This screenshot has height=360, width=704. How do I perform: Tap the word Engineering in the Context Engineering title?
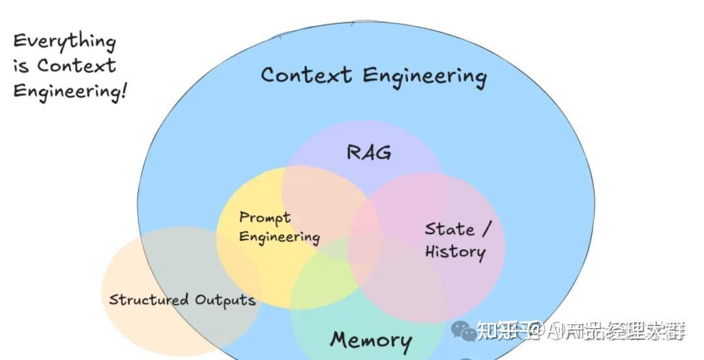pos(424,76)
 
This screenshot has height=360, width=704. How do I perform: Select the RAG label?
pos(369,153)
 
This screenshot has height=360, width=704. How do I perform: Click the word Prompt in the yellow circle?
pos(265,218)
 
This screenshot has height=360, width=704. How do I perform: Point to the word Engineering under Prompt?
pos(279,237)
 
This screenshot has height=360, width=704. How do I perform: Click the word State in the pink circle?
pos(449,230)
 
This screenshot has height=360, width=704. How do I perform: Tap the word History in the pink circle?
pos(455,252)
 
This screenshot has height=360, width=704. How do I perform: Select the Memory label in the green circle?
pos(370,340)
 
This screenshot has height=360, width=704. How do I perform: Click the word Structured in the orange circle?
pos(149,300)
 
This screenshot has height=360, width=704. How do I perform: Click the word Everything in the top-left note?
pos(64,42)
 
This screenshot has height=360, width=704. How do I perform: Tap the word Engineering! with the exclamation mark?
pos(69,91)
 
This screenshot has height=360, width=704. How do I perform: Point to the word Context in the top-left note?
pos(76,66)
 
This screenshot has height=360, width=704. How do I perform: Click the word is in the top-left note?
pos(21,67)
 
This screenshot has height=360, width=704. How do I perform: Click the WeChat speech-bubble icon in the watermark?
pos(463,331)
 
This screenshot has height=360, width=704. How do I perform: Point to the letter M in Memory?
pos(340,340)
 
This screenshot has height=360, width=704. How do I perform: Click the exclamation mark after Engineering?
pos(123,90)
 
